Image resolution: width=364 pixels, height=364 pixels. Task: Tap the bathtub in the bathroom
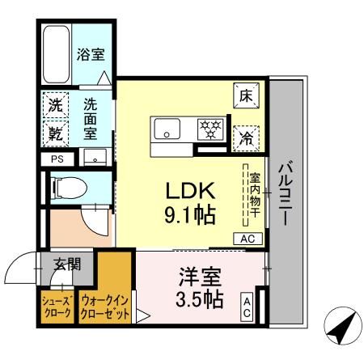57,53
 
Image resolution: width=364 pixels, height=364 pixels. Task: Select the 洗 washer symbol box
55,105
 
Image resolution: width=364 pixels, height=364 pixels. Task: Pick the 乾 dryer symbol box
55,130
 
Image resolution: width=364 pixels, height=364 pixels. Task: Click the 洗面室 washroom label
92,117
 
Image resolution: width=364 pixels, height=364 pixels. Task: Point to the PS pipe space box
57,159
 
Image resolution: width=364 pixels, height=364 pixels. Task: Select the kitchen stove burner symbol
210,128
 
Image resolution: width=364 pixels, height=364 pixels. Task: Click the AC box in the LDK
248,239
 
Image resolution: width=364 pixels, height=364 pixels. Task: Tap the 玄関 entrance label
68,263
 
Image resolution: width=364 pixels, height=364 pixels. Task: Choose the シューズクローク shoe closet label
57,308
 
